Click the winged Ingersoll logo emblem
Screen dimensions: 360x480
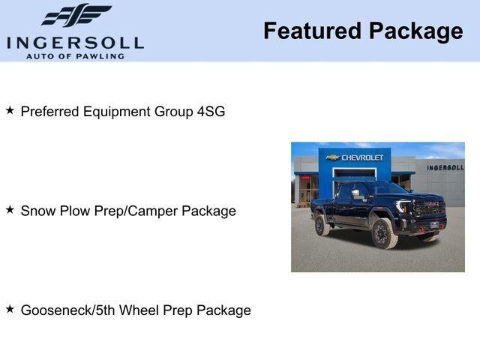point(76,15)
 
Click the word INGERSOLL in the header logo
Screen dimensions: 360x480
point(75,42)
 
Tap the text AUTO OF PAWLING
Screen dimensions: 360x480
point(75,56)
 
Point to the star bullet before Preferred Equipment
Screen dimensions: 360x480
point(10,110)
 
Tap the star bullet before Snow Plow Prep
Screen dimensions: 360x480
point(10,210)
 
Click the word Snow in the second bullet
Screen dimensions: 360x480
point(37,211)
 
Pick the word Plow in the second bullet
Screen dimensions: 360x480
point(73,211)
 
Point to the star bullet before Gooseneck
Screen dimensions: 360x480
point(10,309)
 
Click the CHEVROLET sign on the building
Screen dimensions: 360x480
point(362,157)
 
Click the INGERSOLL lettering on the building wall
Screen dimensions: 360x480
point(445,167)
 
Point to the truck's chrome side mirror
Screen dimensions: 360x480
point(355,193)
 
